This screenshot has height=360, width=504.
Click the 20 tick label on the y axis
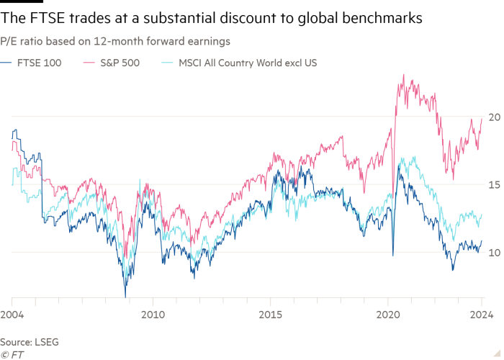pos(494,117)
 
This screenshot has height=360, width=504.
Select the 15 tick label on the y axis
pos(494,184)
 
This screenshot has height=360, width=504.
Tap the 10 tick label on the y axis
pos(494,252)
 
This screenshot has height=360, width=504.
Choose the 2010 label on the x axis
pos(152,314)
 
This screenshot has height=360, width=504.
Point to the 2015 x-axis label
pos(270,314)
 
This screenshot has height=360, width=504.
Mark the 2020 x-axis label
pos(388,314)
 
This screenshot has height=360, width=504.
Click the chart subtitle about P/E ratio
pos(115,42)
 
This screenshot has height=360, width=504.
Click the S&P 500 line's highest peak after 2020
pos(404,74)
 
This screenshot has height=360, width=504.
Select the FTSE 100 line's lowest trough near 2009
pos(125,295)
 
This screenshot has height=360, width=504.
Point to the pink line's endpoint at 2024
pos(482,119)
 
